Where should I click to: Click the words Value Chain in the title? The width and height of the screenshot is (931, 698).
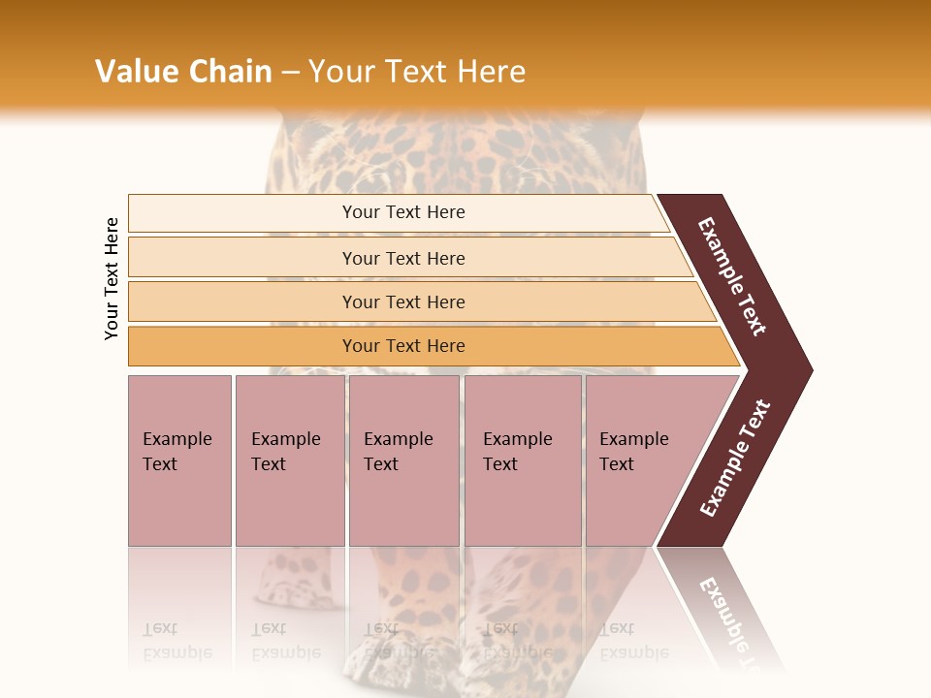183,72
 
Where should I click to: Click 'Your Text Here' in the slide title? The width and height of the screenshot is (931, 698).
417,72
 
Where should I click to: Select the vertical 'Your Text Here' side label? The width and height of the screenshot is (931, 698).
112,278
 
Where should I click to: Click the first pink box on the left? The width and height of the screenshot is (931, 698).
179,460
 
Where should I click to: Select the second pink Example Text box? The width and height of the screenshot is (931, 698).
290,460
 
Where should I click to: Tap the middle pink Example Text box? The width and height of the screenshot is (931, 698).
403,460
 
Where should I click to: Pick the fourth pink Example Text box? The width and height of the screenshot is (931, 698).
523,460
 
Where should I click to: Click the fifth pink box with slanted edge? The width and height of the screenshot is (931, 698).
640,460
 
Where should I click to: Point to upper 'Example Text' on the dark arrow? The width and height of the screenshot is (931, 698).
732,276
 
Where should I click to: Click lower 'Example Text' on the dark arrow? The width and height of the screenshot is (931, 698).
735,459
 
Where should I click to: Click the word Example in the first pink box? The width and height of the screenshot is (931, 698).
177,439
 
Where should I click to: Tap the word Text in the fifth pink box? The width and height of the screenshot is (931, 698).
616,464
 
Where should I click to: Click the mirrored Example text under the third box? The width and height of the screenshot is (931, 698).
398,652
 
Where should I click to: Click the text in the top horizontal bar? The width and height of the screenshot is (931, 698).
403,212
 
